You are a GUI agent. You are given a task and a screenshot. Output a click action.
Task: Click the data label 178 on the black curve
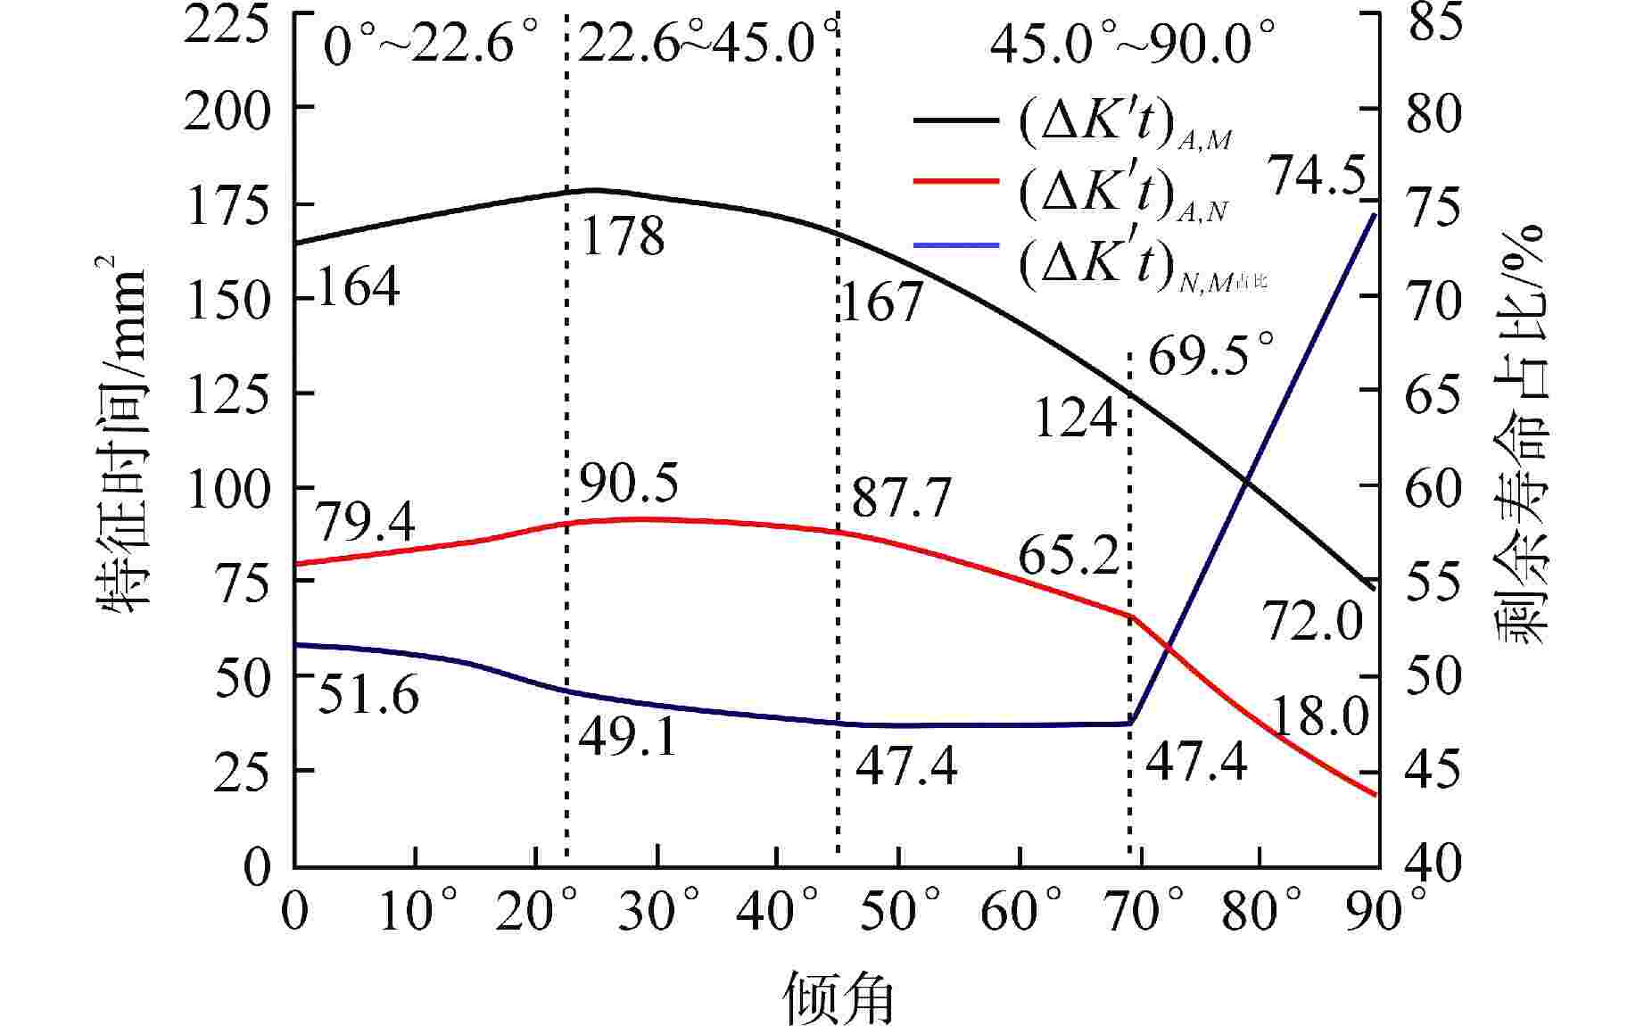623,236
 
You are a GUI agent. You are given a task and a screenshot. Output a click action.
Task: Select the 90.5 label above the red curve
628,483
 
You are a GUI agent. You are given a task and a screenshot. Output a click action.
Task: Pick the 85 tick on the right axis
1433,22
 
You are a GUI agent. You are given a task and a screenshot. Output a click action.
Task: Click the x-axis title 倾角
839,997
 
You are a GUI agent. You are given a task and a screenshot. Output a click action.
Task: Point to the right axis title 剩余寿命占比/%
1522,437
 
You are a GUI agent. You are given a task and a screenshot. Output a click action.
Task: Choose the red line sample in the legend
955,181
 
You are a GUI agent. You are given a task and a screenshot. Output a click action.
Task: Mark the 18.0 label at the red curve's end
1317,716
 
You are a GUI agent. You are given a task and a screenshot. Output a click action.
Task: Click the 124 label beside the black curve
1075,417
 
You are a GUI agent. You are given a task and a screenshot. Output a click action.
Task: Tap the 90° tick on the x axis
1381,911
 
